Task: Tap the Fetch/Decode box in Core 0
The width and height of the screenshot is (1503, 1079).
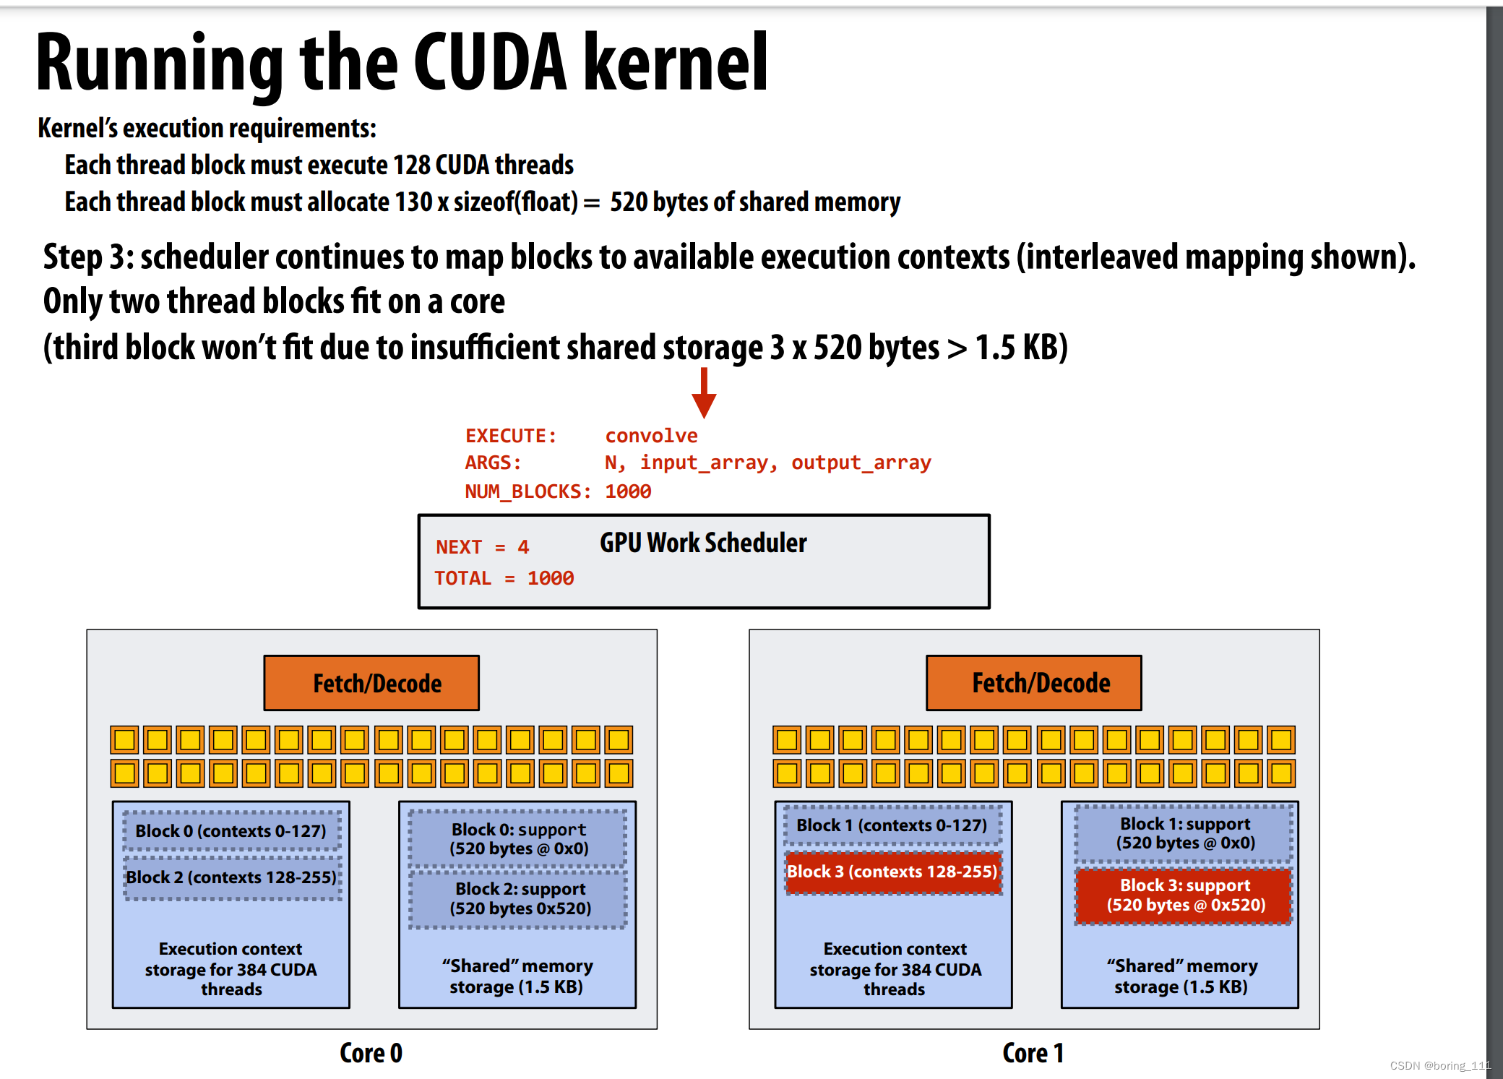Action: (x=371, y=683)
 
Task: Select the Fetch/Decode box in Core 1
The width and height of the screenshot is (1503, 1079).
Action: (x=1034, y=683)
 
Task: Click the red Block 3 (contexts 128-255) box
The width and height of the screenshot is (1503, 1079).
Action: (x=893, y=872)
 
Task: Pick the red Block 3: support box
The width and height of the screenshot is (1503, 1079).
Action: (x=1184, y=895)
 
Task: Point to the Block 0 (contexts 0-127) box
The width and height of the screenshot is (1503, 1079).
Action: (x=231, y=830)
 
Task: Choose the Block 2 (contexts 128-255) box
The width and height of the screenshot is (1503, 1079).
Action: (x=231, y=877)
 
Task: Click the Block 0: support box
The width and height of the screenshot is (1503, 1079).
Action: (x=518, y=838)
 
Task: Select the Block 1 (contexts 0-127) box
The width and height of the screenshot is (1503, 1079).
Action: (x=892, y=825)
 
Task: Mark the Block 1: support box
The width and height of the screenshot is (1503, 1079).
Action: (x=1184, y=833)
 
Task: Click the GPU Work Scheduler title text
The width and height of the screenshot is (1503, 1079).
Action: (x=703, y=543)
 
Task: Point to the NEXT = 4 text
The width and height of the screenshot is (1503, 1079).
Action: (x=482, y=547)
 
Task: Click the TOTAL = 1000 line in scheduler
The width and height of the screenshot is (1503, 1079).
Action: (x=504, y=578)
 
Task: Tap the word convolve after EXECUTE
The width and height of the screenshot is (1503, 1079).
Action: (x=651, y=436)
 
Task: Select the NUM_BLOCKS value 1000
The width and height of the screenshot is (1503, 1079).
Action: (x=628, y=491)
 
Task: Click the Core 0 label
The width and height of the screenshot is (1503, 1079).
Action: (x=371, y=1053)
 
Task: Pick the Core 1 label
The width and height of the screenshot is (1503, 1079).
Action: (x=1033, y=1053)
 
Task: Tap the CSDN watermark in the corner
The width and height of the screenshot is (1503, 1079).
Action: (x=1440, y=1065)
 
